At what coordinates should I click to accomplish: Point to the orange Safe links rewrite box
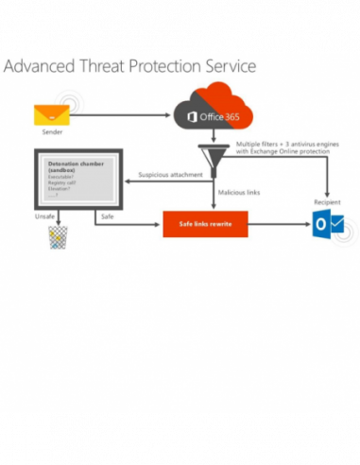[x=206, y=224]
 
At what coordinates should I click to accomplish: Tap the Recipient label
[x=327, y=201]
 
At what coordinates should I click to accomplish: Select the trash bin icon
[x=60, y=236]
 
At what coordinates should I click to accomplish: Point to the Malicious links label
[x=238, y=193]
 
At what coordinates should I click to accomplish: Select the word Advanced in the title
[x=43, y=68]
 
